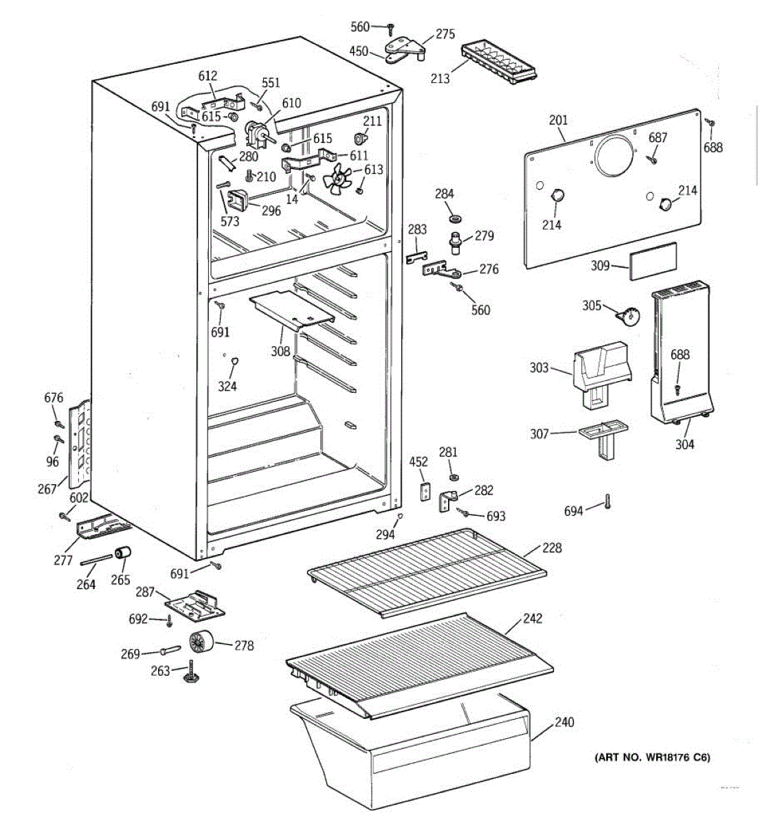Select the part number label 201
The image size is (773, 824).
point(558,120)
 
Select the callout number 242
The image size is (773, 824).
point(533,619)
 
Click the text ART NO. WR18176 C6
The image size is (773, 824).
point(653,757)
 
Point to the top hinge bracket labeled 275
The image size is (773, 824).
point(405,51)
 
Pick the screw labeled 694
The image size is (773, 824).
point(607,502)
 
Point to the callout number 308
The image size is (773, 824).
point(280,351)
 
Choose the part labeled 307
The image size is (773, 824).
point(603,440)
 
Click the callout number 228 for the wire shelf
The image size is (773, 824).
point(552,548)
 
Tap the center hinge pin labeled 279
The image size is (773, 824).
point(456,244)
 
